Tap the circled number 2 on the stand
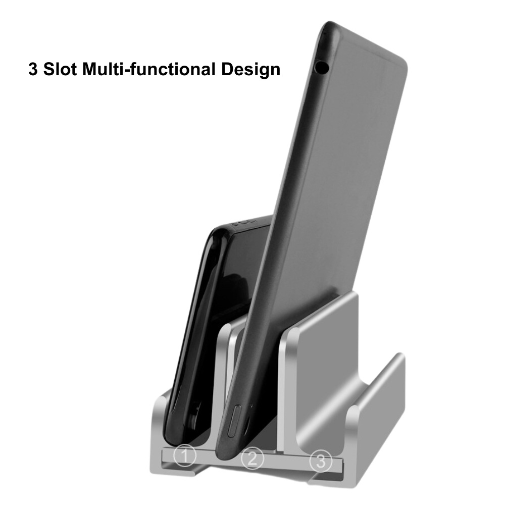click(x=252, y=459)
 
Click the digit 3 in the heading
click(x=33, y=69)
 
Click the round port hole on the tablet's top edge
click(x=321, y=66)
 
